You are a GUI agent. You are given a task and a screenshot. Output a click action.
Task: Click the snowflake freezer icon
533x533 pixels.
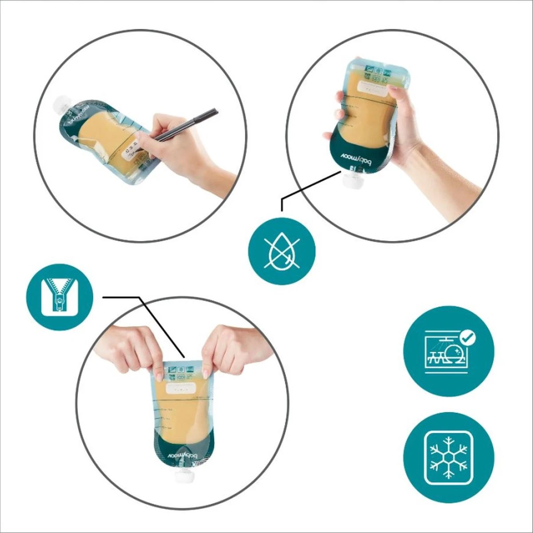tap(449, 457)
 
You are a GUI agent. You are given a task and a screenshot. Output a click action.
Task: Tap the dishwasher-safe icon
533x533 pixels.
tap(449, 351)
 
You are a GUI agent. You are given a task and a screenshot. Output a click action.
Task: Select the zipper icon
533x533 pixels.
tap(60, 297)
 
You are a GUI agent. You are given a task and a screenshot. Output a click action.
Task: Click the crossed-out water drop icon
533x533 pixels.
tap(281, 251)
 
